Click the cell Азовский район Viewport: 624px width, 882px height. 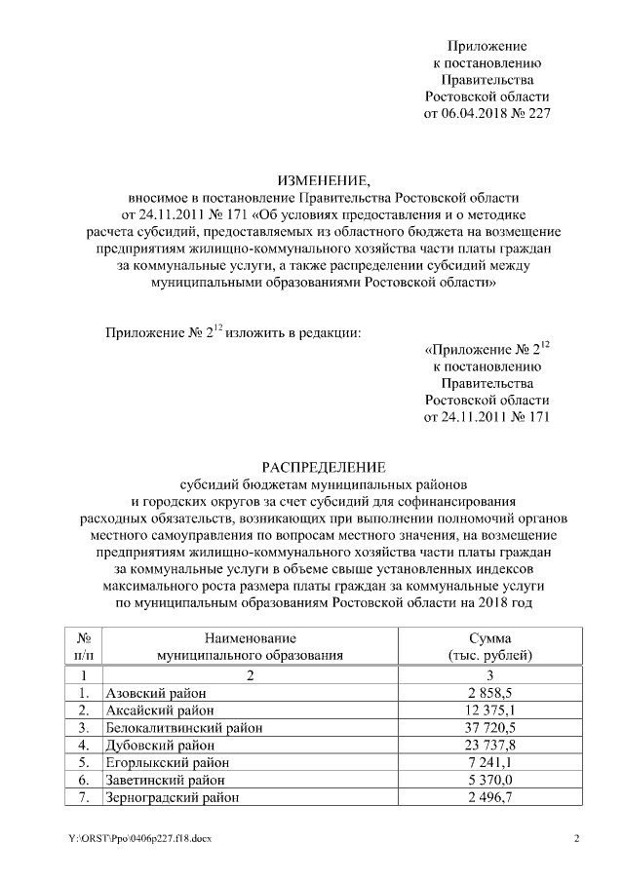(151, 692)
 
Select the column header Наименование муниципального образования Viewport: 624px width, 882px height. (251, 646)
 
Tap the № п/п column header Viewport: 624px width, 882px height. (84, 646)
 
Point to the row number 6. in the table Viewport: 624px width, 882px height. (84, 780)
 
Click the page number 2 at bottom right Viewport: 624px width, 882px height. (576, 839)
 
